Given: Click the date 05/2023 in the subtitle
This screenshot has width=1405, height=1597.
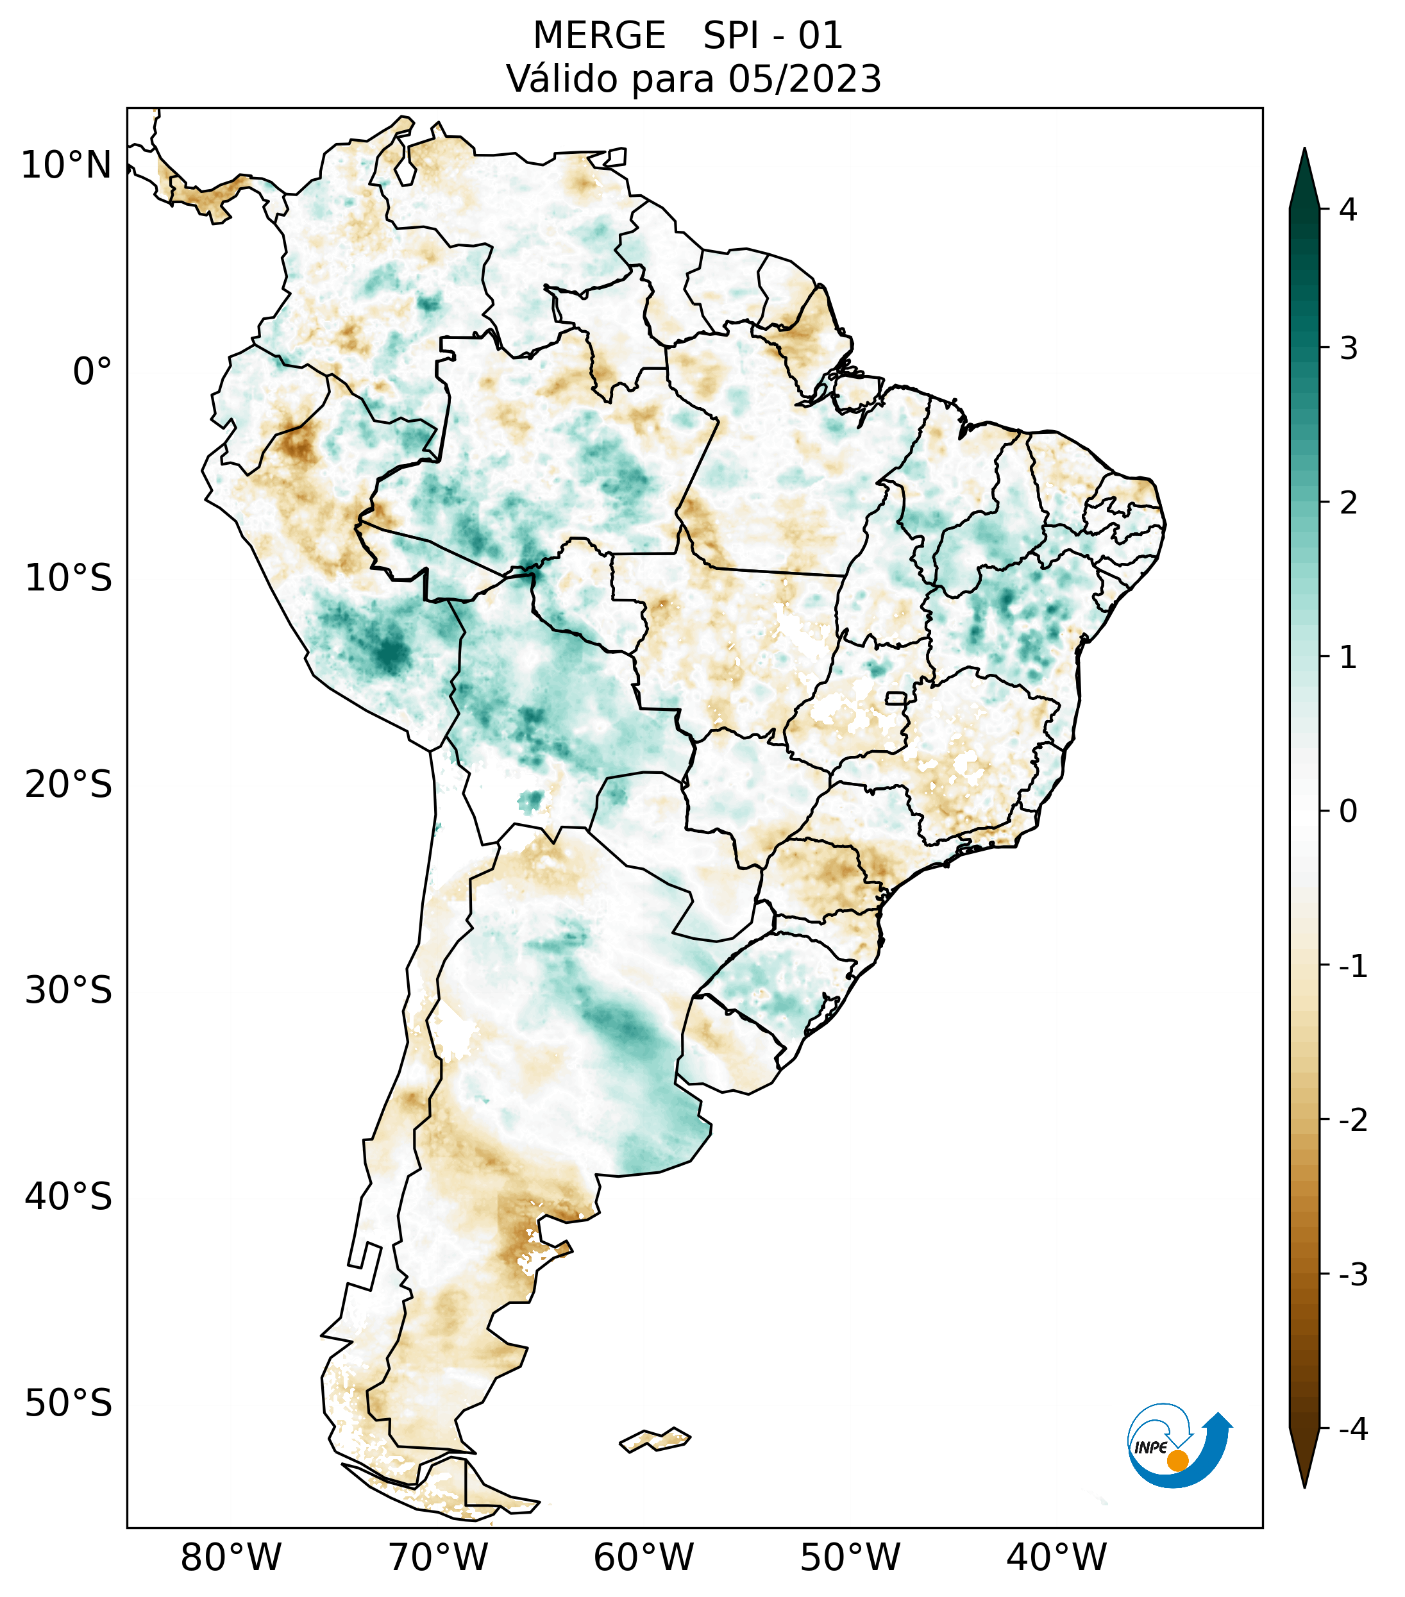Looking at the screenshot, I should point(805,79).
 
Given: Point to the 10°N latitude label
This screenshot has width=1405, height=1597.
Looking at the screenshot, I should point(67,165).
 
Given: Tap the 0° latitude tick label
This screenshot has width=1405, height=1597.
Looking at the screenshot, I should point(92,372).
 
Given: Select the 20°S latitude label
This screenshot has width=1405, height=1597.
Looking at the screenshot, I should point(69,785).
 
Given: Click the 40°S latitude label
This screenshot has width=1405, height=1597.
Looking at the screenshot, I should point(69,1197).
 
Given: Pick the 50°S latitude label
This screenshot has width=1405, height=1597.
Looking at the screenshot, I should point(69,1404).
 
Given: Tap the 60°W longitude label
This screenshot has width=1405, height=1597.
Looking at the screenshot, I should point(643,1558).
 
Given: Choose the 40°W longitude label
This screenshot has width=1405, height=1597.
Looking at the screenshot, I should point(1057,1558).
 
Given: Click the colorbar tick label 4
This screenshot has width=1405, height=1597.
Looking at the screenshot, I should point(1348,210).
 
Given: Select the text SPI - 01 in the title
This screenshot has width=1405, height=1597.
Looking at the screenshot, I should point(773,36).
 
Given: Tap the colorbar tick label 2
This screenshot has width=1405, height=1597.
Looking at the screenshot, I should point(1348,503).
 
